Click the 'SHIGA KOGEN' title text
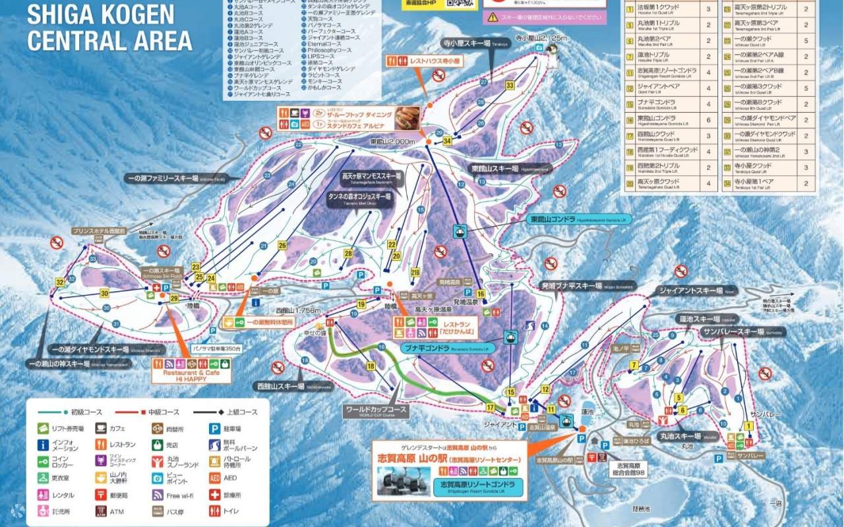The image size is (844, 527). [101, 14]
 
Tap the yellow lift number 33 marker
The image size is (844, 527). [510, 86]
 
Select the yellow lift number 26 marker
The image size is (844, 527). [282, 246]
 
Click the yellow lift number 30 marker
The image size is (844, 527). [104, 293]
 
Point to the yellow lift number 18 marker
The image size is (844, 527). [371, 366]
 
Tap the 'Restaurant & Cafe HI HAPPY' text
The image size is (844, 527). [191, 375]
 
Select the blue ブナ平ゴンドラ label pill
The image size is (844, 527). [447, 347]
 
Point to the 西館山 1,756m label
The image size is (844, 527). [298, 310]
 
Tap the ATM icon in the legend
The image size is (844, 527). [101, 511]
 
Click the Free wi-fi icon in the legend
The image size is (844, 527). [158, 495]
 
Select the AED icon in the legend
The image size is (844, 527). [214, 478]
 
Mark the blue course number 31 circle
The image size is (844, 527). [116, 323]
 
